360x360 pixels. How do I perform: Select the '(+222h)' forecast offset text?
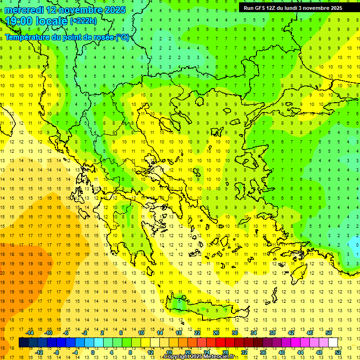pyautogui.click(x=83, y=21)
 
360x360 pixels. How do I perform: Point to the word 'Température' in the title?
pyautogui.click(x=27, y=37)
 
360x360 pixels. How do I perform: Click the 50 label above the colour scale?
pyautogui.click(x=329, y=333)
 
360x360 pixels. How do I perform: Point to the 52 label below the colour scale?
pyautogui.click(x=338, y=352)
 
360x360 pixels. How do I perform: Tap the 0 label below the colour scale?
pyautogui.click(x=92, y=352)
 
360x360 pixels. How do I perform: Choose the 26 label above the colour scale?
pyautogui.click(x=216, y=333)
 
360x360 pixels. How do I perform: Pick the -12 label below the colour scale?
pyautogui.click(x=39, y=352)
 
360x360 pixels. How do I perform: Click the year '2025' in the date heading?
pyautogui.click(x=112, y=10)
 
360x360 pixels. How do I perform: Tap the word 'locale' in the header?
pyautogui.click(x=51, y=21)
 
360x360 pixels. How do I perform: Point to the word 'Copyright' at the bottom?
pyautogui.click(x=177, y=357)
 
